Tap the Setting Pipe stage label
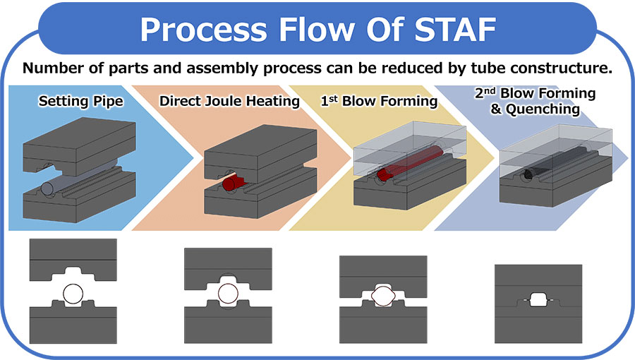click(x=80, y=101)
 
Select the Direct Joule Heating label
click(x=229, y=101)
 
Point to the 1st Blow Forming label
click(x=379, y=101)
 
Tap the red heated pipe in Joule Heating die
click(x=229, y=184)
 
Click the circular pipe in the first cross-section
click(x=73, y=292)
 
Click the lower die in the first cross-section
click(x=73, y=326)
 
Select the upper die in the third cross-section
click(x=383, y=268)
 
